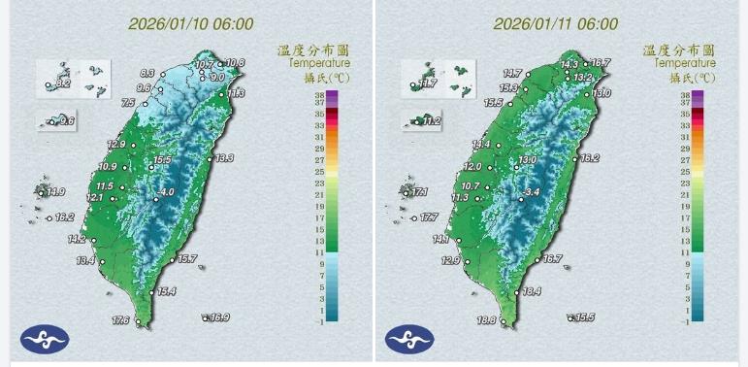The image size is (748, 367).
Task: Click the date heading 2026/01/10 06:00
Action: click(190, 24)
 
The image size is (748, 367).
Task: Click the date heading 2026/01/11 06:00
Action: click(555, 24)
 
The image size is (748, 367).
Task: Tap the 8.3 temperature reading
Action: click(147, 73)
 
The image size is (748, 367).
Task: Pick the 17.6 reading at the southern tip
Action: click(121, 320)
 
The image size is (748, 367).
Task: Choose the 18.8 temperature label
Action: click(486, 320)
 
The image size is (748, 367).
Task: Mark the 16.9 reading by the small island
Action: click(219, 317)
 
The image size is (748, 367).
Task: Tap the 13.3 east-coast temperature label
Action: click(224, 157)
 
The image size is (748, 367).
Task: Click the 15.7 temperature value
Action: click(187, 258)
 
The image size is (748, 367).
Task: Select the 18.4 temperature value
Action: click(531, 291)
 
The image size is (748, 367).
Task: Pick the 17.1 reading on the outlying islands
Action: click(420, 192)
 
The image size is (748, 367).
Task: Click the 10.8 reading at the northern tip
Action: click(236, 63)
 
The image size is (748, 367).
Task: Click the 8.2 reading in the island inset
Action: click(64, 85)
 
